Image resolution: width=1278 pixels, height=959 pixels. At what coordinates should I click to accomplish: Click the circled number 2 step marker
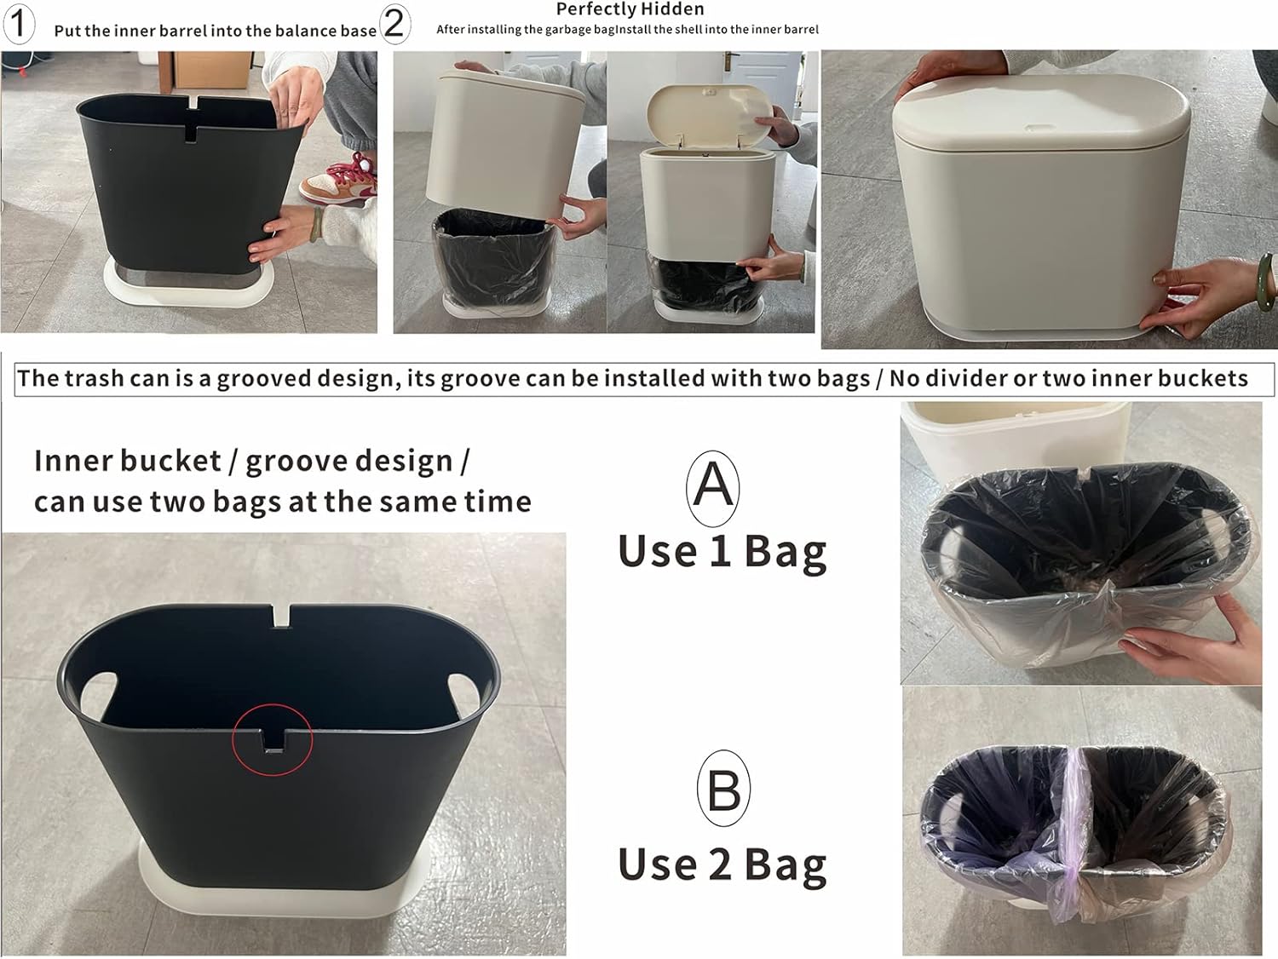coord(394,23)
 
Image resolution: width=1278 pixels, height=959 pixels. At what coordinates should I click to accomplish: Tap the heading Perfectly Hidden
coord(630,9)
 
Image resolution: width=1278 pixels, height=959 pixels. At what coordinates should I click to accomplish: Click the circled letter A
coord(712,487)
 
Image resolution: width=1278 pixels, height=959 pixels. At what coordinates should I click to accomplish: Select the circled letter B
coord(723,789)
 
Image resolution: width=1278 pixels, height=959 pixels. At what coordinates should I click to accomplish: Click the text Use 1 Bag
coord(722,551)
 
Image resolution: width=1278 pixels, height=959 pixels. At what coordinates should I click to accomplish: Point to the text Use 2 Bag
coord(722,864)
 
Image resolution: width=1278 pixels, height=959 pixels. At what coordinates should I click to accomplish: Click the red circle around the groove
coord(273,740)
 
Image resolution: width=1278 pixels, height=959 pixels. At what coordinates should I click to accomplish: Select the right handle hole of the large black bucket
coord(463,686)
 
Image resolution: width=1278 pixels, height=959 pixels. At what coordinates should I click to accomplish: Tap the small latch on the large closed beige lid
coord(1038,128)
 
